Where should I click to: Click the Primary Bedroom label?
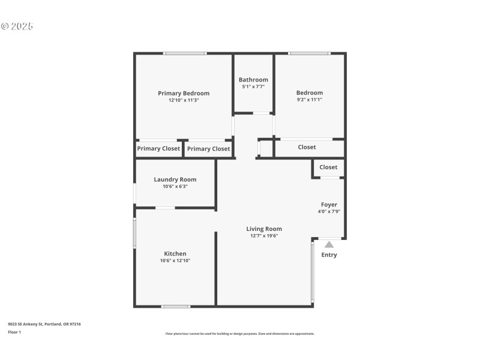[184, 93]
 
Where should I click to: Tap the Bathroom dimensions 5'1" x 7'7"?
[253, 87]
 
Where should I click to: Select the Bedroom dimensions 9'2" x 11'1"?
[309, 100]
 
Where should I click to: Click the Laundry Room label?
[175, 179]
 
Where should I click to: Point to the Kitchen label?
[175, 254]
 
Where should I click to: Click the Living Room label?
[264, 229]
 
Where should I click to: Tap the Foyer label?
[329, 205]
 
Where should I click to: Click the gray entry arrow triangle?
[329, 244]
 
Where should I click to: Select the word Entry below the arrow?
[329, 255]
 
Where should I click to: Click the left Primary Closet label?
[158, 149]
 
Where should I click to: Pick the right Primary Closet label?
[208, 149]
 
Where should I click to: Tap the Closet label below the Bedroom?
[307, 147]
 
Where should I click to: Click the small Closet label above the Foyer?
[328, 167]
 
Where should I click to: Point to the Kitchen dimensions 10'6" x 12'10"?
[175, 261]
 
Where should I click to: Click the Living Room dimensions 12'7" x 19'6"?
[264, 236]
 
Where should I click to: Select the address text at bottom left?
[44, 324]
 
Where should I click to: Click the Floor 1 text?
[14, 332]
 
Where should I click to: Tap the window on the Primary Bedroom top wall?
[185, 53]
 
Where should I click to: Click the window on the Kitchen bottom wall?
[176, 307]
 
